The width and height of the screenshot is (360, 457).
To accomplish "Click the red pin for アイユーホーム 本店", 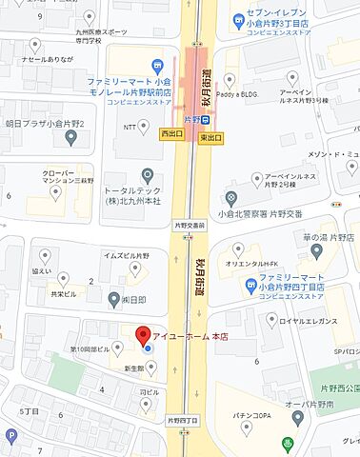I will tap(143, 336).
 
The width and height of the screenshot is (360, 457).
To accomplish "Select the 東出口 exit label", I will tap(211, 138).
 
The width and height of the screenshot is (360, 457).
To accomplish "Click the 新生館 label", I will tap(130, 368).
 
